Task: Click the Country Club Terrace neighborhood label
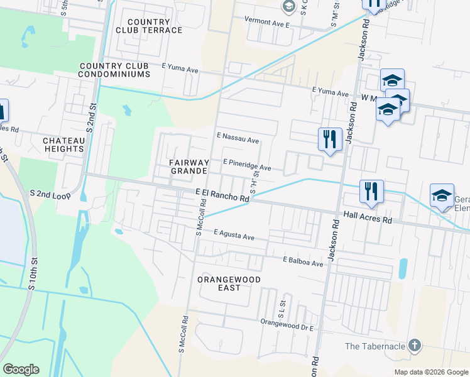[x=149, y=26]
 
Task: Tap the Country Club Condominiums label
[x=114, y=70]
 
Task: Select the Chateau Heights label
[x=63, y=145]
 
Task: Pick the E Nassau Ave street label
[x=238, y=138]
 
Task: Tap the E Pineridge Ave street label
[x=247, y=165]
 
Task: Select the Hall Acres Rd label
[x=368, y=217]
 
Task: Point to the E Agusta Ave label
[x=234, y=234]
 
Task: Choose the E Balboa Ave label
[x=303, y=261]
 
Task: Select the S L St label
[x=282, y=305]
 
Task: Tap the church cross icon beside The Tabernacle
[x=414, y=345]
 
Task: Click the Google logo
[x=21, y=369]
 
